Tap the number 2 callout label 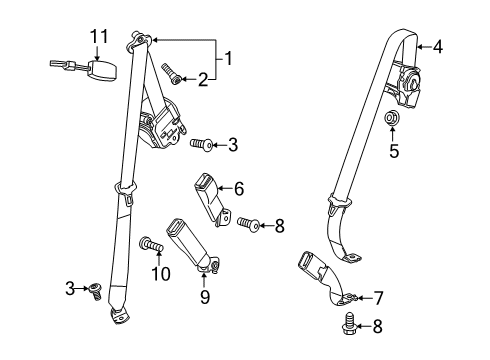pyautogui.click(x=202, y=79)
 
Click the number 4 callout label pyautogui.click(x=437, y=45)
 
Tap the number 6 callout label pyautogui.click(x=238, y=186)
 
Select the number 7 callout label pyautogui.click(x=378, y=297)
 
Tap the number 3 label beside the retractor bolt pyautogui.click(x=232, y=145)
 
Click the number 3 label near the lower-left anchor pyautogui.click(x=69, y=289)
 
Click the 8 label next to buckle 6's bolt pyautogui.click(x=280, y=226)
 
